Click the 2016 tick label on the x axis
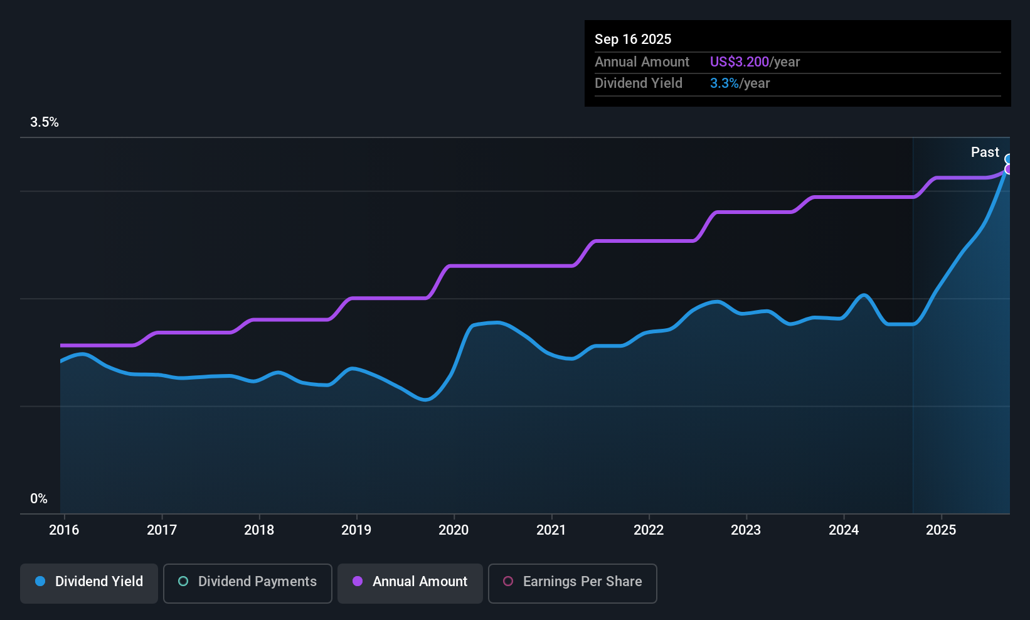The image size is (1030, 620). (64, 530)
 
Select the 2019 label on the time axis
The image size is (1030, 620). (356, 530)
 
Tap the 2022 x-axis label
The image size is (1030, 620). (649, 530)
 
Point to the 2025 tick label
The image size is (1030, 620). (941, 530)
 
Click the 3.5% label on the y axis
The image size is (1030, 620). (45, 122)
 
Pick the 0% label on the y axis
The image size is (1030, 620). (39, 499)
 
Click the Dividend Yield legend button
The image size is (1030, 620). (89, 582)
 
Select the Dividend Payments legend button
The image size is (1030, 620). (248, 582)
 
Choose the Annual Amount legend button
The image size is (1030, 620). (410, 582)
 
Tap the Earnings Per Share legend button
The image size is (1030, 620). (573, 582)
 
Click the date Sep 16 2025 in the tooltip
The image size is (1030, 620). (633, 40)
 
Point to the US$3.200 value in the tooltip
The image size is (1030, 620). (740, 62)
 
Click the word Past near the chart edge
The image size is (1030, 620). (985, 152)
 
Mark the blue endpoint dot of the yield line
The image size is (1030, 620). (1009, 159)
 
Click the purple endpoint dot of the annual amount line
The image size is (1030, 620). (1009, 169)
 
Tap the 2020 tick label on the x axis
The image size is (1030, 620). (454, 530)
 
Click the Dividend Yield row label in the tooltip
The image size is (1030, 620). (639, 83)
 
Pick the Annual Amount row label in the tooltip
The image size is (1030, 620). (642, 62)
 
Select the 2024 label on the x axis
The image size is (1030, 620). (844, 530)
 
